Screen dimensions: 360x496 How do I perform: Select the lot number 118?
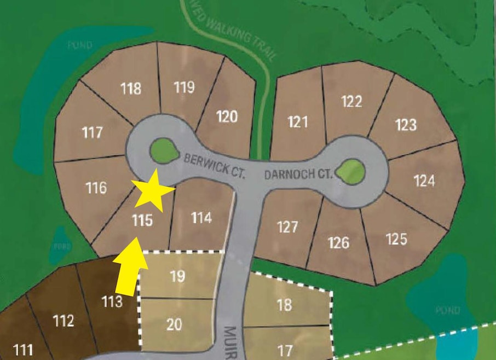point(131,88)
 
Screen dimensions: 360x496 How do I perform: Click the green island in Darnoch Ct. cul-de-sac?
point(350,171)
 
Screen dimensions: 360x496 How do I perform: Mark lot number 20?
point(174,324)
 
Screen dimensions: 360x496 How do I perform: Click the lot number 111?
point(22,350)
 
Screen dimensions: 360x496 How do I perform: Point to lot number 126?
point(339,242)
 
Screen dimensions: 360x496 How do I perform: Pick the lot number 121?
point(298,121)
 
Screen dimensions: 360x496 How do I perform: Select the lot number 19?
point(177,276)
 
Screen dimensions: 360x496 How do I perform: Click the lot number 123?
point(406,125)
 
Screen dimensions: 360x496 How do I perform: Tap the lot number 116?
point(96,188)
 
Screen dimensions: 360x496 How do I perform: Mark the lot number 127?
point(287,227)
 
